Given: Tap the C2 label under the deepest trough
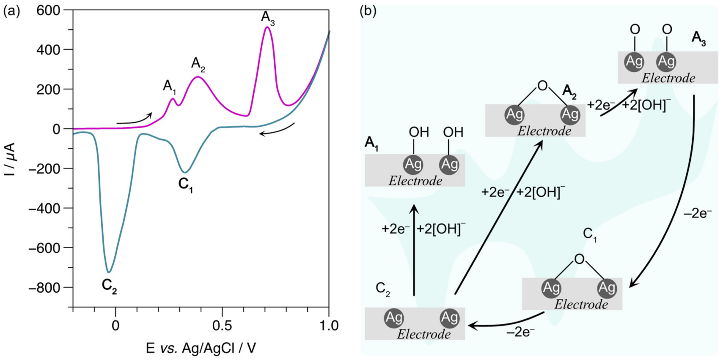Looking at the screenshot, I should click(109, 287).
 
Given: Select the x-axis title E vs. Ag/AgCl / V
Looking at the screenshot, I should click(201, 348).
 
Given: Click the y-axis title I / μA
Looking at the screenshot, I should click(11, 159).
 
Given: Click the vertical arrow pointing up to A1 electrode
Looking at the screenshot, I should click(414, 250).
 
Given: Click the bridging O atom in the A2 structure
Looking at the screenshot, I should click(543, 86).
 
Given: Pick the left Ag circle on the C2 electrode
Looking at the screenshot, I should click(394, 318).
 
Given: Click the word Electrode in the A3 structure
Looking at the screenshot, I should click(668, 78).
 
